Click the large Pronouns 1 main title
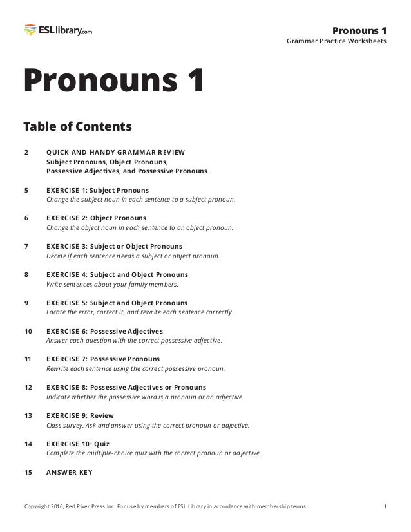click(113, 82)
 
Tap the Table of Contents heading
click(77, 124)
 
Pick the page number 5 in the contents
click(26, 190)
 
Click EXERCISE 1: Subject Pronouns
click(97, 190)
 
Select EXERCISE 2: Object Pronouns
click(96, 218)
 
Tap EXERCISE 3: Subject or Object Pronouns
click(114, 246)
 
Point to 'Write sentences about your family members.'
click(113, 284)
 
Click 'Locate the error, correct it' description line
click(140, 312)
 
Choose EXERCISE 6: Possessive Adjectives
click(104, 331)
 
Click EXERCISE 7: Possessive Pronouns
click(103, 359)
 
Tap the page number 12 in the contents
click(28, 387)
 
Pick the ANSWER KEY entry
click(69, 472)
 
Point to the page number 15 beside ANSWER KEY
click(28, 472)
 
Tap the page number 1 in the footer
click(385, 506)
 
